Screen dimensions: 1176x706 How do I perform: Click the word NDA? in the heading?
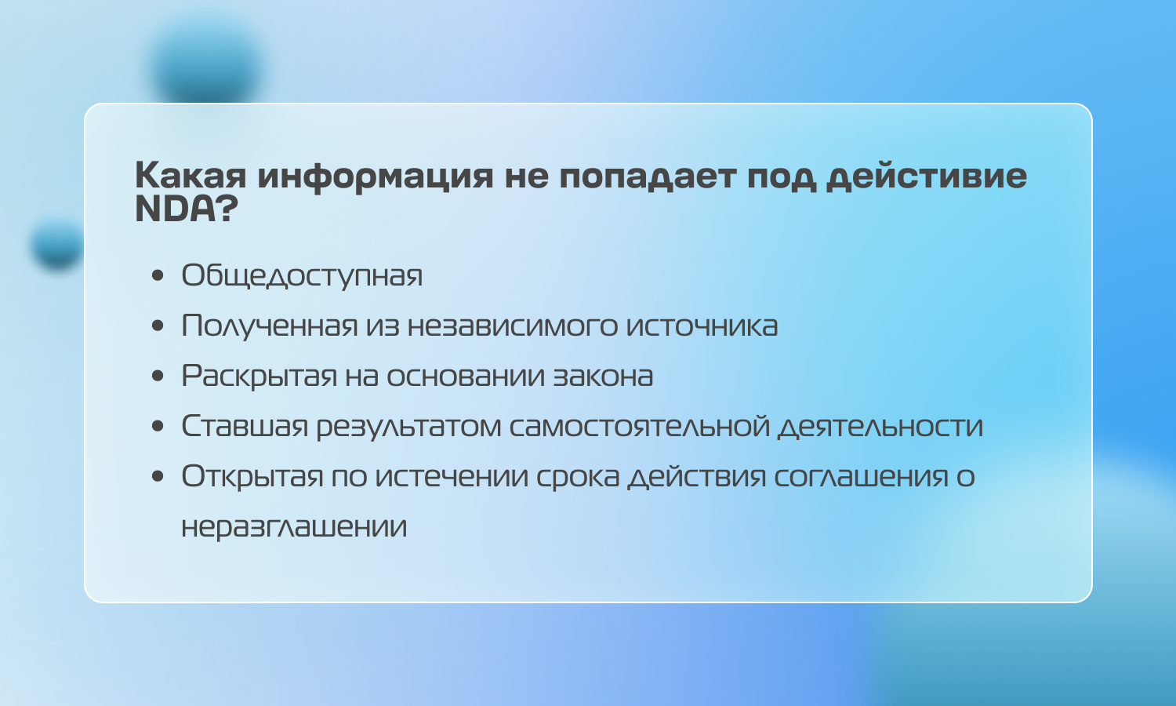[x=187, y=209]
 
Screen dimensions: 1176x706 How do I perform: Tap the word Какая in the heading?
[x=191, y=176]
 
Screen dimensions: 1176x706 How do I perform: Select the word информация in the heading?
[x=376, y=176]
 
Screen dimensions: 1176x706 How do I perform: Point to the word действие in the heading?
[x=927, y=176]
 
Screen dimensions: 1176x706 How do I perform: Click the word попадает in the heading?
[x=648, y=176]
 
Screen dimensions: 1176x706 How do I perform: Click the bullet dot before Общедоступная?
[x=158, y=275]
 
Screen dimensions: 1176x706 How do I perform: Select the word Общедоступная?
[x=302, y=275]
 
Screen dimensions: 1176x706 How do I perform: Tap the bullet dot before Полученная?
[x=158, y=326]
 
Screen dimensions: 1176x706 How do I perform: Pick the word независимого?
[x=513, y=326]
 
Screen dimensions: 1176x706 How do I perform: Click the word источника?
[x=702, y=326]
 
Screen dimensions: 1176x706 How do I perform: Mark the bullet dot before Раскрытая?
[x=158, y=376]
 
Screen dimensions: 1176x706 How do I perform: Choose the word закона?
[x=603, y=376]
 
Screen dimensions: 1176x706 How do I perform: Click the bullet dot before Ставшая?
[x=158, y=426]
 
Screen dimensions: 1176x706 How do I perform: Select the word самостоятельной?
[x=640, y=426]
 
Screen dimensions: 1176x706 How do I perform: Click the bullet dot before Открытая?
[x=158, y=476]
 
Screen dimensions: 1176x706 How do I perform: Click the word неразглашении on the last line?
[x=294, y=527]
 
